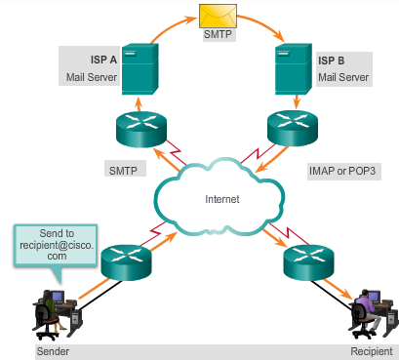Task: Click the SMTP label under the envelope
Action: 216,34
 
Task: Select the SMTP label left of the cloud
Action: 122,169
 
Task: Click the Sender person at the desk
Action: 46,310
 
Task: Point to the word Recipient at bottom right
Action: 371,349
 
